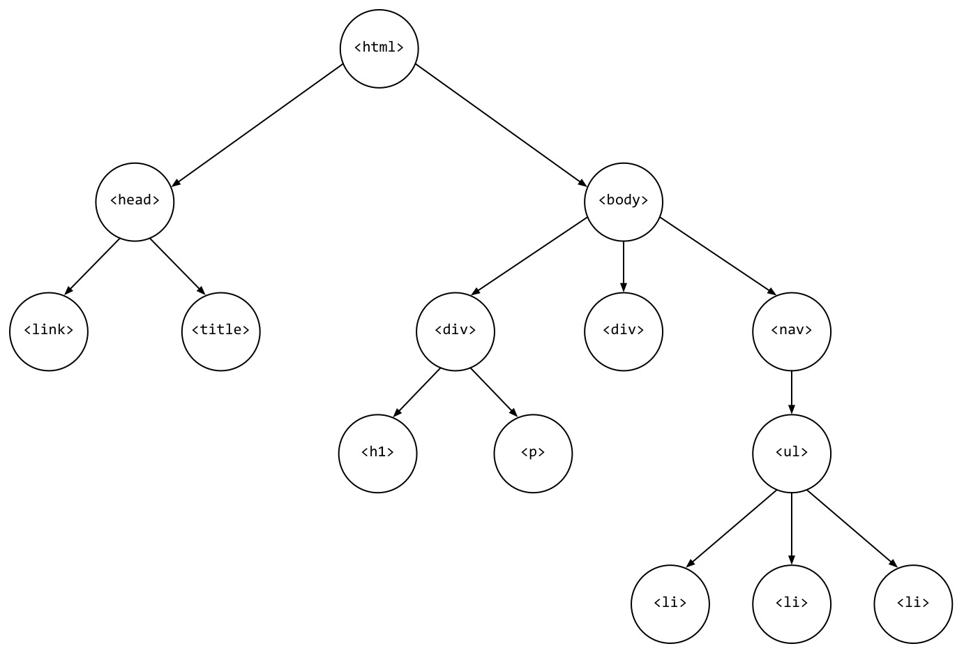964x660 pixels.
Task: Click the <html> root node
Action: (x=379, y=48)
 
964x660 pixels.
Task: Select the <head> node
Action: (x=135, y=201)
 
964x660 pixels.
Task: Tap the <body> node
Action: (x=623, y=201)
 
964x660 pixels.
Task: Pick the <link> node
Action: (x=49, y=331)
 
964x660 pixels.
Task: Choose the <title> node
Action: (x=220, y=331)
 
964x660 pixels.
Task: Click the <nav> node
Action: (x=791, y=331)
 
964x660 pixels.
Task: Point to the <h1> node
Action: (x=377, y=453)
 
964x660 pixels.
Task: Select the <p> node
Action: (x=532, y=453)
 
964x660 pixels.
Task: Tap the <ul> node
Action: (x=791, y=453)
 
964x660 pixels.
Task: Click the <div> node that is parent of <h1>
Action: (x=455, y=331)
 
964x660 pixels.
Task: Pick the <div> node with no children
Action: (x=623, y=331)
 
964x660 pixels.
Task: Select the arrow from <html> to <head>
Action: (x=257, y=125)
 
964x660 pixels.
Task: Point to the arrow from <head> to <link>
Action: (x=92, y=267)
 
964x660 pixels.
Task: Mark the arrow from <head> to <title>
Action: (x=177, y=267)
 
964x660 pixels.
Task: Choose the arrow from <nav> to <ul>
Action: (x=791, y=392)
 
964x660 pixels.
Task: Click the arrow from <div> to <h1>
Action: (x=416, y=392)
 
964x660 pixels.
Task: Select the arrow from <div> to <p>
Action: (x=494, y=392)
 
